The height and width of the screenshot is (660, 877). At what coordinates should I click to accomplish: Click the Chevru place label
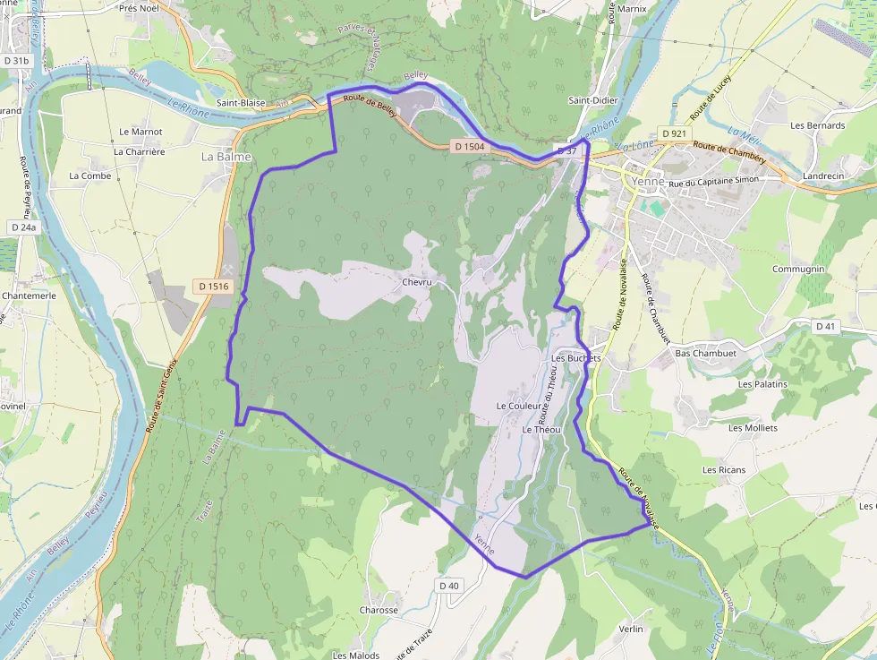[417, 283]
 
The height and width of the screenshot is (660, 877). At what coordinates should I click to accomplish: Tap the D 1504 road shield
[469, 146]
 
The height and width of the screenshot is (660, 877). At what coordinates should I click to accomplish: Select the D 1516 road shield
[214, 287]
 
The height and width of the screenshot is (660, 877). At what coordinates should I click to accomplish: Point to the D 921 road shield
[675, 133]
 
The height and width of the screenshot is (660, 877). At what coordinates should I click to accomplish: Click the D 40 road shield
[449, 586]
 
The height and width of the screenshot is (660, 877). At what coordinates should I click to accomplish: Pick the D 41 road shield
[825, 327]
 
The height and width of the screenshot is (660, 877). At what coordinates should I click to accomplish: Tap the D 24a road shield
[24, 227]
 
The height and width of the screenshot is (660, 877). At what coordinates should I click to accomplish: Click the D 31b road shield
[15, 60]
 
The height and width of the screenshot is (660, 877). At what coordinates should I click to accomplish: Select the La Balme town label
[226, 157]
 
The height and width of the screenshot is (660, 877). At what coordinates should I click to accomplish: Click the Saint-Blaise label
[241, 103]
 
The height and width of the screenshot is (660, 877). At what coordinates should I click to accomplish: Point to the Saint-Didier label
[591, 100]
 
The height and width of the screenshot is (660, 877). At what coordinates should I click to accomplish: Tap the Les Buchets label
[576, 358]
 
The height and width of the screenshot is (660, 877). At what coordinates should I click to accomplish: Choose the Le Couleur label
[520, 406]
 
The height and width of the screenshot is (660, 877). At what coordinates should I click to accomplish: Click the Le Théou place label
[541, 430]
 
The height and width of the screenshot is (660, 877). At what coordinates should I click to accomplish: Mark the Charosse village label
[379, 610]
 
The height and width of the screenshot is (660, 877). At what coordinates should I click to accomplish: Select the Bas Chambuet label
[705, 353]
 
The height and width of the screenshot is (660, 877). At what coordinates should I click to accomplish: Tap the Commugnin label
[798, 269]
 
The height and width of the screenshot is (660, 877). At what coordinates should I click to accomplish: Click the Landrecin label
[823, 176]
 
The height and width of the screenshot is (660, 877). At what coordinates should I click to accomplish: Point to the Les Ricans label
[724, 469]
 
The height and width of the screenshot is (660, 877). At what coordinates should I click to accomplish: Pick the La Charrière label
[140, 152]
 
